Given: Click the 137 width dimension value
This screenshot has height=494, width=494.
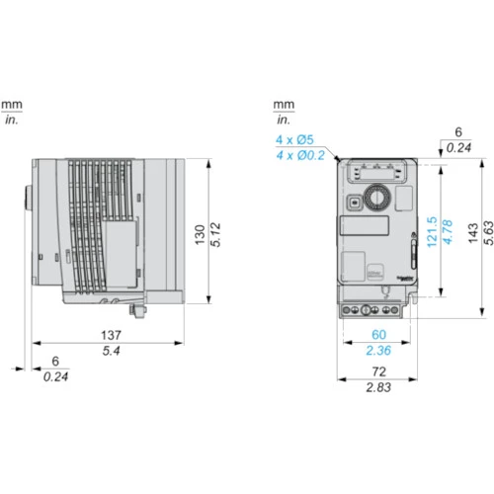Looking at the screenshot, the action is (111, 335).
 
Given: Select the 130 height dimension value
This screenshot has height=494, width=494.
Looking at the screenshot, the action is (200, 235).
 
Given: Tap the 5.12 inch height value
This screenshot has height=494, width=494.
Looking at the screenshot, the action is (215, 235).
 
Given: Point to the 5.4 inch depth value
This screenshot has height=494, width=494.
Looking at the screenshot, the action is (111, 351).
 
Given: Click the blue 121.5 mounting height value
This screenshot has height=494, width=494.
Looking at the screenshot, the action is (432, 232).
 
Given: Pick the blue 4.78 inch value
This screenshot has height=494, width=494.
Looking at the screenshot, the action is (448, 232).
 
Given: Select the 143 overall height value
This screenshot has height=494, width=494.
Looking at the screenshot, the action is (473, 233).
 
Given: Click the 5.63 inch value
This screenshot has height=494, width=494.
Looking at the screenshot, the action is (488, 233).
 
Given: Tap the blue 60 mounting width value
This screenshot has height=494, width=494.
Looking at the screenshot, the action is (378, 335).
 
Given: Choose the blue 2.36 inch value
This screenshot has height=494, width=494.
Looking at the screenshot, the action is (378, 351).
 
